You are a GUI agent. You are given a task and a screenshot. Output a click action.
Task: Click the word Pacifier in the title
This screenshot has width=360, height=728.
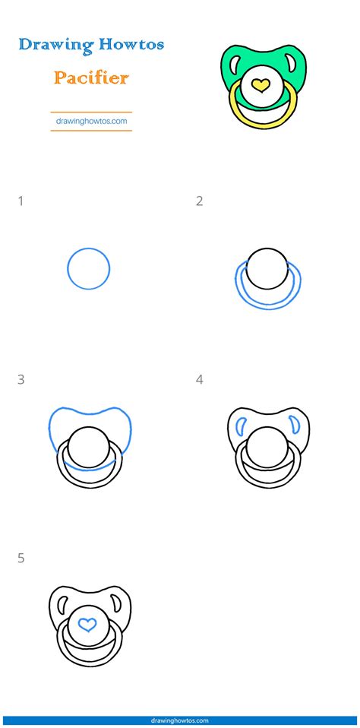91,78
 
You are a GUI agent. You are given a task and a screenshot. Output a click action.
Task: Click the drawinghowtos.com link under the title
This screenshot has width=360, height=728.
91,120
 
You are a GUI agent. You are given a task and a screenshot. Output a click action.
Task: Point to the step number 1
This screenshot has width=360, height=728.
21,201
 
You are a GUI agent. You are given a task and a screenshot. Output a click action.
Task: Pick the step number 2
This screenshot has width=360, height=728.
199,201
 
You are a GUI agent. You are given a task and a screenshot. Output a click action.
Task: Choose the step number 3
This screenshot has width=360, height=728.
21,380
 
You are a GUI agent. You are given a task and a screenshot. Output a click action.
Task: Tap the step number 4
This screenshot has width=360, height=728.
199,380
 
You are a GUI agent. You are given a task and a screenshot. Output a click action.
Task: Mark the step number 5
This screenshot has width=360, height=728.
21,559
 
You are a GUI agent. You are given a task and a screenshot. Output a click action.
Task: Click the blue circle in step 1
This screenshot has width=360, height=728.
89,268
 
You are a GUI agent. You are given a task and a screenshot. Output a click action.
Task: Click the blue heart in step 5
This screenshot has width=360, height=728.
89,625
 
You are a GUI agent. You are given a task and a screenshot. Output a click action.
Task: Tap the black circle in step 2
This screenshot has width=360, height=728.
267,268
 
